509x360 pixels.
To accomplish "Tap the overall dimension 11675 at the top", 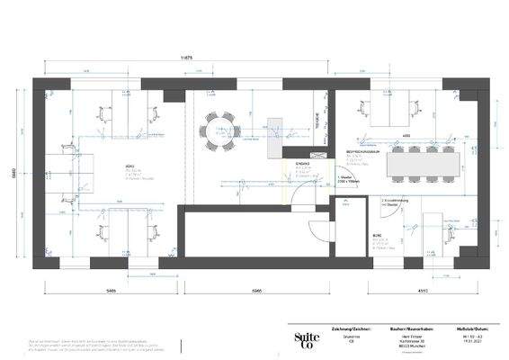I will tap(187, 57).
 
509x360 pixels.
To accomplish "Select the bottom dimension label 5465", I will tap(110, 292).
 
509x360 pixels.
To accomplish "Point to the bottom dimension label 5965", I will tap(256, 292).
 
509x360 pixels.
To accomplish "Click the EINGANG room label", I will tap(303, 163).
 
